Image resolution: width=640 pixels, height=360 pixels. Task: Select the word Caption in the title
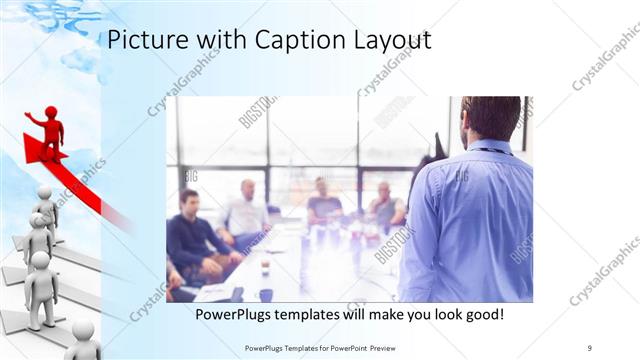(280, 41)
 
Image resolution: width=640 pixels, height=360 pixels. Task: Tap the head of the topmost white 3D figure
(44, 192)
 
